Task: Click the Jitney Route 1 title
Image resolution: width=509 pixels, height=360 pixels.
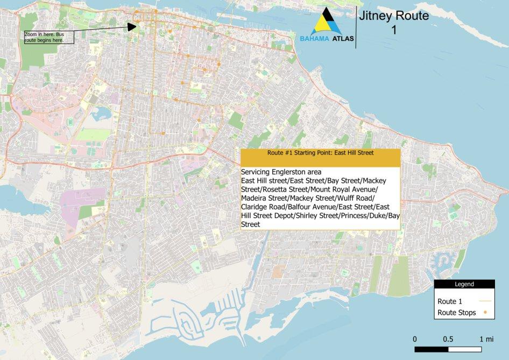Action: point(394,23)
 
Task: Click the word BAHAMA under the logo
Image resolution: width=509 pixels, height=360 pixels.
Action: point(315,39)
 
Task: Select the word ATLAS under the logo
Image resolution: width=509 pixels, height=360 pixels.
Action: point(343,39)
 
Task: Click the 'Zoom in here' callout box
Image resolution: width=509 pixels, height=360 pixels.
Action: point(48,37)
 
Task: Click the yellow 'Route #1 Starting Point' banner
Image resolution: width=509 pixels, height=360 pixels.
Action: point(320,153)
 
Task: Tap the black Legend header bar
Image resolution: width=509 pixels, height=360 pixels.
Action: point(464,284)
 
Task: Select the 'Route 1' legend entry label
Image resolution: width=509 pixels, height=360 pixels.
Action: point(450,301)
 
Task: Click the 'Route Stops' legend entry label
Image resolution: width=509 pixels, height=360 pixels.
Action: point(456,313)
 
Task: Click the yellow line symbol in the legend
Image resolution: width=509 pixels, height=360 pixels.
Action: point(486,301)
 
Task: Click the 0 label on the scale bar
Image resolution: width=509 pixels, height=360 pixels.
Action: point(415,339)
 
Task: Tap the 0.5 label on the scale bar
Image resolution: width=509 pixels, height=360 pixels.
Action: point(448,339)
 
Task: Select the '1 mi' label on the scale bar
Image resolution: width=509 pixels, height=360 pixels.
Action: point(485,339)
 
